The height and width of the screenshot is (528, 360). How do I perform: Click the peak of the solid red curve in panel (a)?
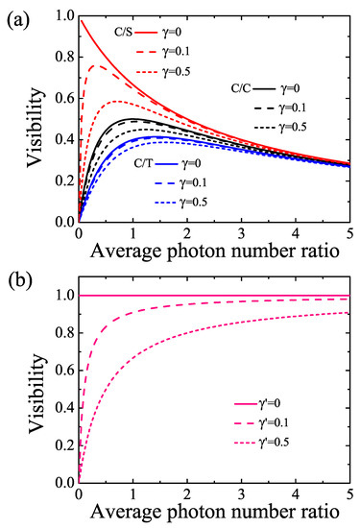82,19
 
